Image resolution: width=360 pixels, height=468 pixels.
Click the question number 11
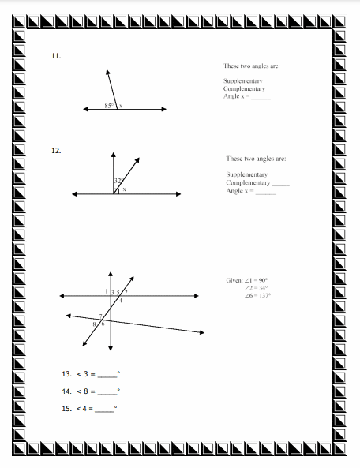55,56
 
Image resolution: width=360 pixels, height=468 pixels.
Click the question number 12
55,149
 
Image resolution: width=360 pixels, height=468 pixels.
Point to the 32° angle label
118,181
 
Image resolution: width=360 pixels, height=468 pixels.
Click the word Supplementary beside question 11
242,81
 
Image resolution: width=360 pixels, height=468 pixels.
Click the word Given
234,279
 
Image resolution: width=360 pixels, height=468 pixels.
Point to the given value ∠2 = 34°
257,287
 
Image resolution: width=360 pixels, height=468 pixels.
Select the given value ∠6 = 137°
257,296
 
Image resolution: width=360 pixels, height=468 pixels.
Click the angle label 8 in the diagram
95,324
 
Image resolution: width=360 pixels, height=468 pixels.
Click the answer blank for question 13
107,374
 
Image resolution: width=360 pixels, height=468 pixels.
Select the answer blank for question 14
107,391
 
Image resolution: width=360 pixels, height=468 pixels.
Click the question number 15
66,409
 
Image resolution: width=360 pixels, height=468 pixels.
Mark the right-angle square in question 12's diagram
116,189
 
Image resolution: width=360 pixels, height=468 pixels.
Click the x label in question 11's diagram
121,106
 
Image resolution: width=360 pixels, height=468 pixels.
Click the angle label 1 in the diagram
107,292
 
